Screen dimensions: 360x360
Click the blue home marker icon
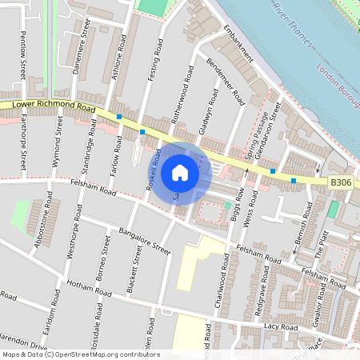tap(180, 173)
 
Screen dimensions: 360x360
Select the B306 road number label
tap(342, 183)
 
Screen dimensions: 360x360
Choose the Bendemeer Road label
tap(226, 82)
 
